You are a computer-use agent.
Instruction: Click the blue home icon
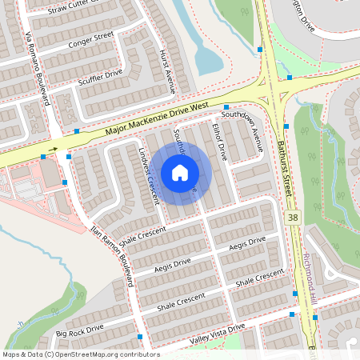[180, 172]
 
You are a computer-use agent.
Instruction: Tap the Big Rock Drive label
[79, 329]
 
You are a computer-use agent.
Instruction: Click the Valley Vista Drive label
[216, 334]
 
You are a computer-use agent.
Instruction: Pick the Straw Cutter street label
[76, 9]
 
